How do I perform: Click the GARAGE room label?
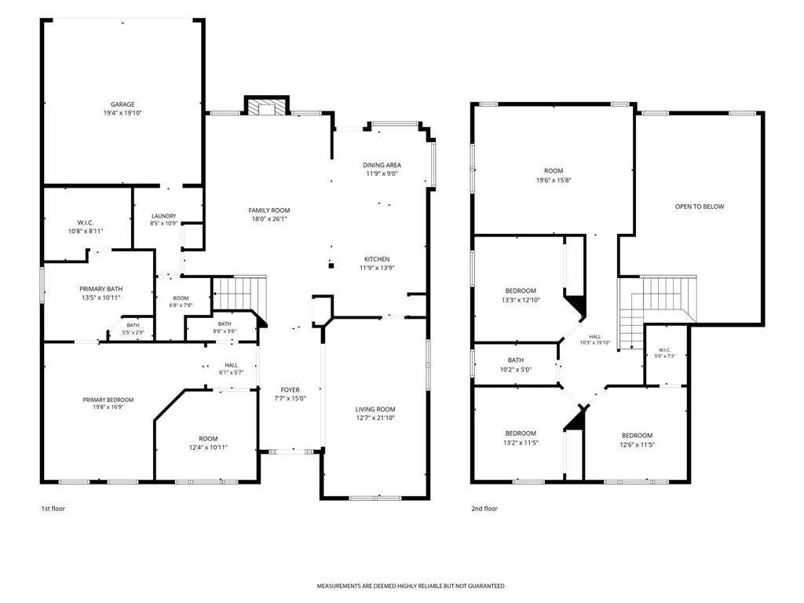coord(122,104)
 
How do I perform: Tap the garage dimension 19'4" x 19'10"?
coord(122,113)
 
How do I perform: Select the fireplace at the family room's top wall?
coord(267,106)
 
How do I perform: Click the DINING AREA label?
coord(382,165)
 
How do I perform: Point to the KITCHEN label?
coord(377,259)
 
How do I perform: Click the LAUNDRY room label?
coord(164,216)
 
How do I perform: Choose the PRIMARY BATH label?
coord(101,289)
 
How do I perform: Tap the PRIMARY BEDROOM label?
coord(108,400)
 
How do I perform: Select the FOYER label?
coord(291,389)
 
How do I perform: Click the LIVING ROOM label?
coord(375,409)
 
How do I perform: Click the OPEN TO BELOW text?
coord(700,206)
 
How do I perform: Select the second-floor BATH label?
coord(516,360)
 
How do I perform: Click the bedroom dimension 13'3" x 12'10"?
coord(521,300)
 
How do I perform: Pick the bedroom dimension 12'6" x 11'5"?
coord(637,444)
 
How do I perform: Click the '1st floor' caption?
coord(53,509)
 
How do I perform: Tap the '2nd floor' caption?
coord(484,509)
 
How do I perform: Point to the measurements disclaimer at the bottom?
coord(410,586)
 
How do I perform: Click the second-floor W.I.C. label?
coord(664,349)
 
